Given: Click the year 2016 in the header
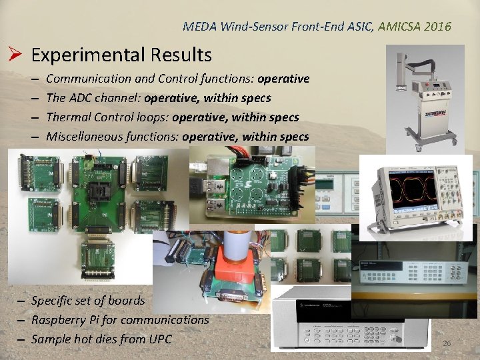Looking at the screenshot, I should pyautogui.click(x=438, y=27).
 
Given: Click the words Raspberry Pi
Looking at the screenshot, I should pyautogui.click(x=67, y=320).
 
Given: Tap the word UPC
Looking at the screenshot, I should pyautogui.click(x=158, y=339).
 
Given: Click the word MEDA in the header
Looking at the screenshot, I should pyautogui.click(x=198, y=27).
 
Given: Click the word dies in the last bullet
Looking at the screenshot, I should pyautogui.click(x=109, y=339).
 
